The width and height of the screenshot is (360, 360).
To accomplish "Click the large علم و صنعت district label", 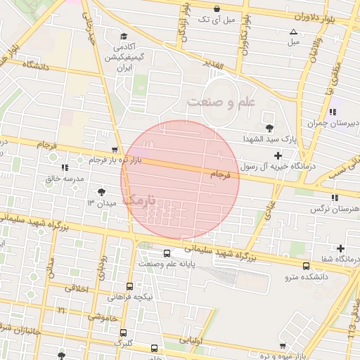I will click(219, 103).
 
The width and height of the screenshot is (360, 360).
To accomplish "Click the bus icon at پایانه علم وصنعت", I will click(167, 252).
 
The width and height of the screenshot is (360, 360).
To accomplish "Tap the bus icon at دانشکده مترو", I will click(306, 266).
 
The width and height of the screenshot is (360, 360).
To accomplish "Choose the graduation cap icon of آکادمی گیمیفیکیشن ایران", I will click(124, 37).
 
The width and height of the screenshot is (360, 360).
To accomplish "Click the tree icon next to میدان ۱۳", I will click(103, 191).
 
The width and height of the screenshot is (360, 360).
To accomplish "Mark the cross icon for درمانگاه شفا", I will click(341, 247).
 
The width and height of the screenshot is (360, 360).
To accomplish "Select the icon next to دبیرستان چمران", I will click(332, 111).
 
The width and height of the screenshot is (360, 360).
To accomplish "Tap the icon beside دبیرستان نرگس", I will click(335, 198).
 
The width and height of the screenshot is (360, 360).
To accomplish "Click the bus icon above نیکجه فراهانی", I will click(129, 286).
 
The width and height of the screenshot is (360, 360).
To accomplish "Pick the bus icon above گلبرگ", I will click(124, 333).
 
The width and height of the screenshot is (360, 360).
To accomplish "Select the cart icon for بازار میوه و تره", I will click(283, 346).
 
